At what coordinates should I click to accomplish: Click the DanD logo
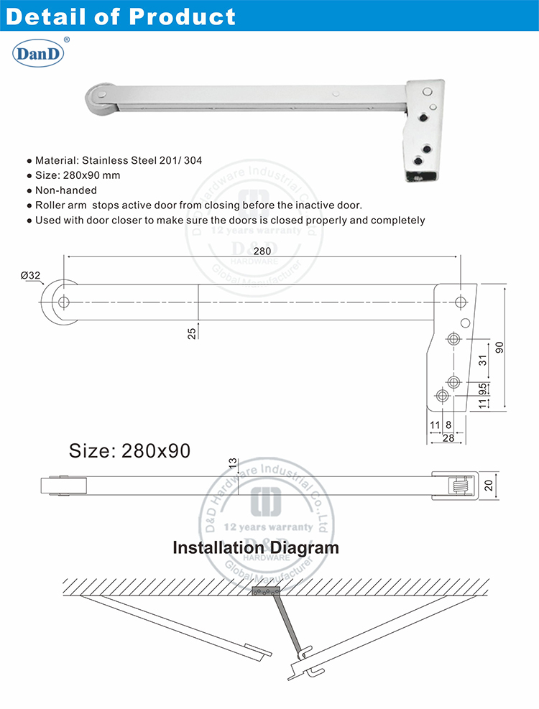tap(39, 54)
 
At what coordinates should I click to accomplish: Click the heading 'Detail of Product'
tap(121, 16)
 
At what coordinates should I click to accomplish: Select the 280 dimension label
tap(262, 251)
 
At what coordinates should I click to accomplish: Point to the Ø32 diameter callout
tap(30, 275)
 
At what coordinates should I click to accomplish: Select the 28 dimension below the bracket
tap(448, 437)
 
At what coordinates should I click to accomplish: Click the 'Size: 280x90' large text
tap(129, 450)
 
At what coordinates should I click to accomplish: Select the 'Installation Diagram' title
tap(255, 547)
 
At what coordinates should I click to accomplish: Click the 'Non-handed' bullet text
tap(66, 190)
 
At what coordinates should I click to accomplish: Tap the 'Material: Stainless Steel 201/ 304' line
tap(119, 160)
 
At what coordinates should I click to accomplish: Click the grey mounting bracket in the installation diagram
tap(264, 592)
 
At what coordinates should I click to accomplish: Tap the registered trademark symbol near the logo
tap(67, 40)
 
